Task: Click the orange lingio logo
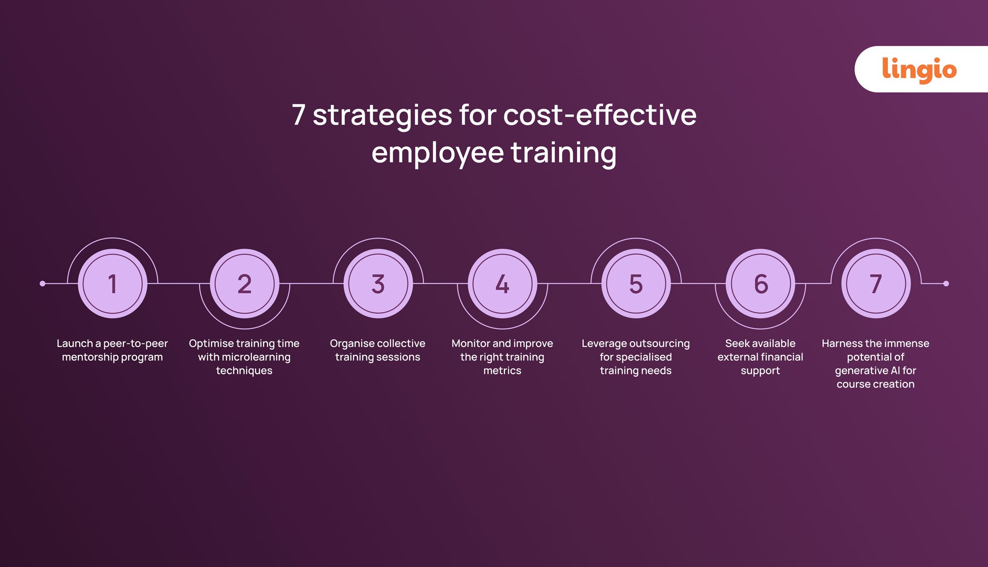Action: (x=919, y=69)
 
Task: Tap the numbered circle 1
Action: (x=112, y=283)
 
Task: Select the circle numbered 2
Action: (x=244, y=283)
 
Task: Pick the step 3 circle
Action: (x=378, y=283)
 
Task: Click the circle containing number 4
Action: (x=503, y=283)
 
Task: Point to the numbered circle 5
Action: (x=636, y=283)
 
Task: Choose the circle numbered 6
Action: (x=760, y=283)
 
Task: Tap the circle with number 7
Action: (x=876, y=283)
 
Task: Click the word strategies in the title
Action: (x=382, y=115)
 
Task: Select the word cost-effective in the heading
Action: (x=599, y=115)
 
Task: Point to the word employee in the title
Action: (x=437, y=153)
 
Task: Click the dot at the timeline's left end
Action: (x=43, y=283)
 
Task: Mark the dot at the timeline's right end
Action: (x=945, y=283)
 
